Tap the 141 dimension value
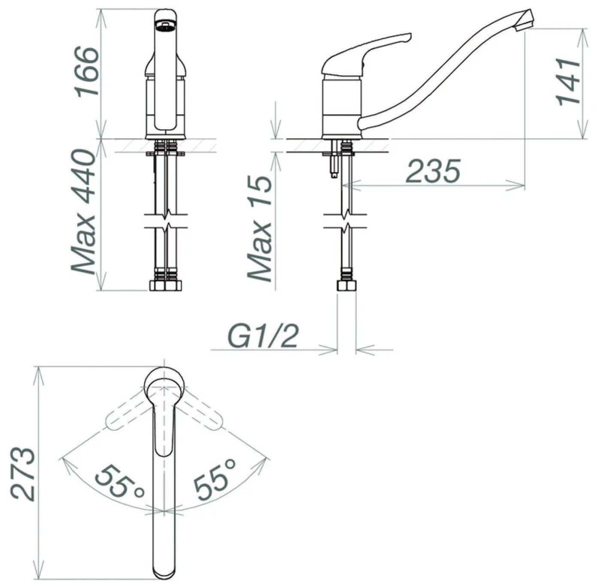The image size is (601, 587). click(568, 82)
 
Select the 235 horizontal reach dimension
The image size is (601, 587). click(433, 171)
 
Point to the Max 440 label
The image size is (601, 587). click(83, 212)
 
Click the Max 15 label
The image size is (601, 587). click(259, 228)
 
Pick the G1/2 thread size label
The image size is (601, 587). click(263, 337)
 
